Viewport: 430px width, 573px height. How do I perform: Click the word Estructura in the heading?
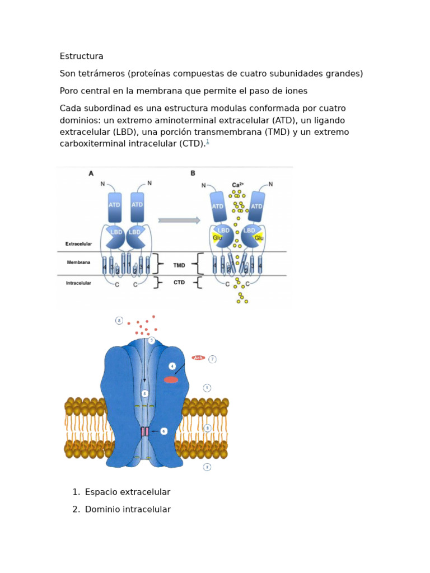coord(81,57)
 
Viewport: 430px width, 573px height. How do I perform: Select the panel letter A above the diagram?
coord(91,173)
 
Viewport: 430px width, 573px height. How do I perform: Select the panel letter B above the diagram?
coord(193,173)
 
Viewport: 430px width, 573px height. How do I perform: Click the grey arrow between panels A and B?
coord(179,220)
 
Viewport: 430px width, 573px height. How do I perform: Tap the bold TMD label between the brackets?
coord(179,265)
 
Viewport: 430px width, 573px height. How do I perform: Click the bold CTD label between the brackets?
coord(179,283)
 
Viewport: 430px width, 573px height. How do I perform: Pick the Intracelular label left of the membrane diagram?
coord(78,283)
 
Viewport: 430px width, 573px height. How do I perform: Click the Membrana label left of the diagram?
coord(78,262)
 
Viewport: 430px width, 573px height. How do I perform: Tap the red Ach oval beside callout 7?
coord(198,358)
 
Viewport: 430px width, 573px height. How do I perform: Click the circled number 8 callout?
coord(119,321)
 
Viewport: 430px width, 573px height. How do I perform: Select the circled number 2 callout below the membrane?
coord(207,467)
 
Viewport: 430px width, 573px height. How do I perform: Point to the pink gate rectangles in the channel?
coord(144,431)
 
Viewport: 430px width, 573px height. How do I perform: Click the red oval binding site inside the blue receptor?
coord(171,380)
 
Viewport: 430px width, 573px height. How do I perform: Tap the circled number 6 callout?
coord(163,431)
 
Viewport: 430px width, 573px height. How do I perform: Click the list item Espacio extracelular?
coord(128,492)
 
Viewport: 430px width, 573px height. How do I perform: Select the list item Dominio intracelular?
coord(128,510)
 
